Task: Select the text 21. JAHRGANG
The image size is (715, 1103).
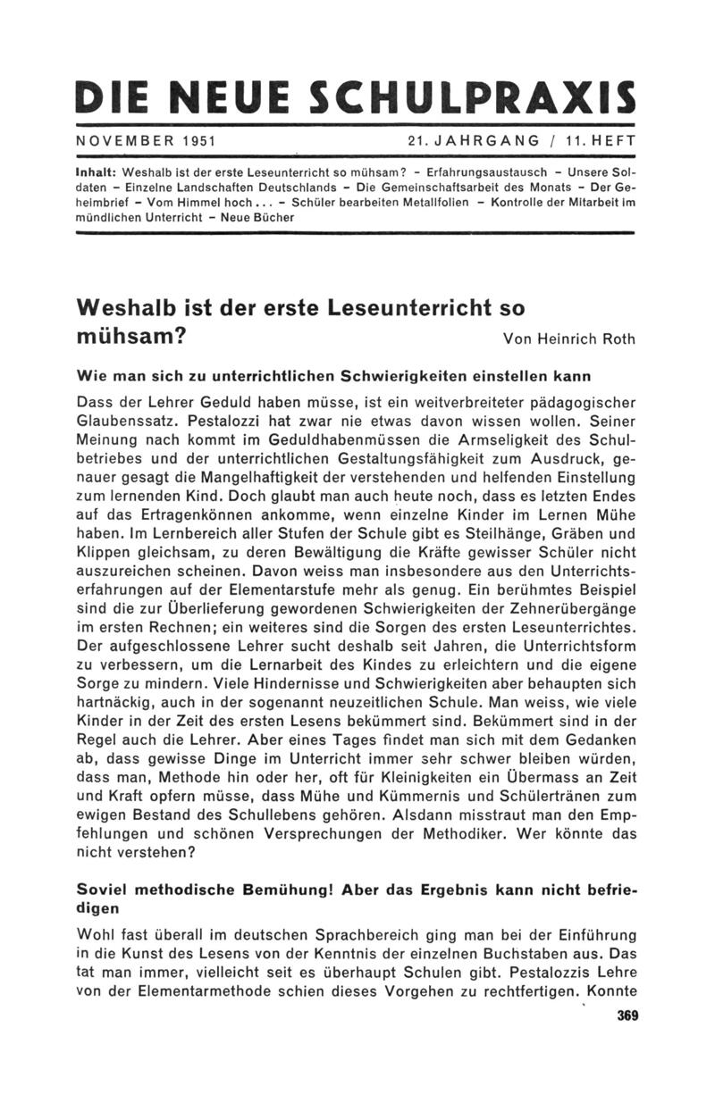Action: (x=473, y=141)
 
